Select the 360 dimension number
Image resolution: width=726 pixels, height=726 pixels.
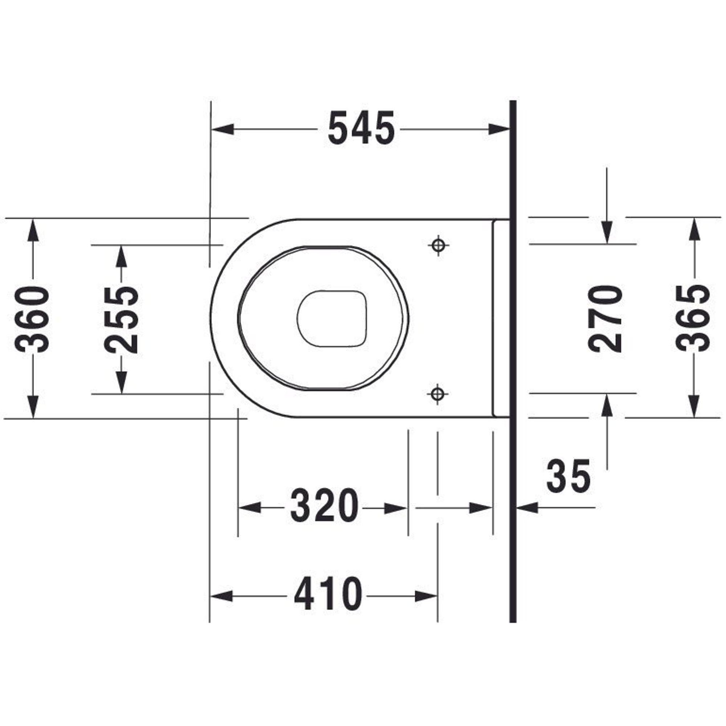(32, 320)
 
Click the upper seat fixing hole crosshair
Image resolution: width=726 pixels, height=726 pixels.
(438, 245)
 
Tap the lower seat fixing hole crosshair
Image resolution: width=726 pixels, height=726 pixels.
(437, 394)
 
